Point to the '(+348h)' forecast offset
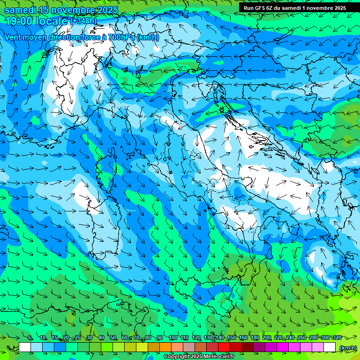pyautogui.click(x=83, y=21)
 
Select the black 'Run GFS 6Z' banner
pyautogui.click(x=294, y=7)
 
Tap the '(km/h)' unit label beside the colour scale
pyautogui.click(x=347, y=347)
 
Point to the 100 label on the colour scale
pyautogui.click(x=172, y=338)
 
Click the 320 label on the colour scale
pyautogui.click(x=337, y=338)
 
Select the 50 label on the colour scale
pyautogui.click(x=113, y=338)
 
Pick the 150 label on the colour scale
pyautogui.click(x=231, y=338)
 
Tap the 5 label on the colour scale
pyautogui.click(x=30, y=338)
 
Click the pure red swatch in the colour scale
pyautogui.click(x=224, y=347)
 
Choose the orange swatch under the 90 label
pyautogui.click(x=165, y=347)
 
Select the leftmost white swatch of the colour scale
pyautogui.click(x=25, y=347)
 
